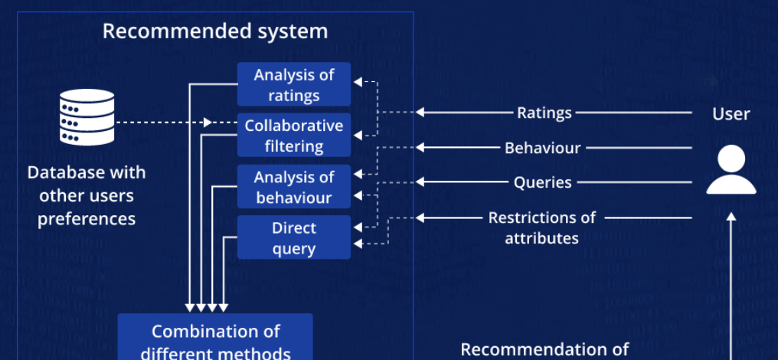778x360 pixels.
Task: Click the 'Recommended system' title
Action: point(215,31)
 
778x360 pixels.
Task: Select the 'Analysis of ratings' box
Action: point(294,85)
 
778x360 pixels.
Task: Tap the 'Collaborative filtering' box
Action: point(294,136)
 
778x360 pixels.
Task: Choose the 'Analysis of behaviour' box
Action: point(294,187)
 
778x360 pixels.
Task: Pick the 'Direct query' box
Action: point(294,238)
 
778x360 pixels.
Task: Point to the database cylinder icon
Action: point(87,117)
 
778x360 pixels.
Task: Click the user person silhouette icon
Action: point(731,170)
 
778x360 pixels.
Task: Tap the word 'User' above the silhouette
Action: point(731,114)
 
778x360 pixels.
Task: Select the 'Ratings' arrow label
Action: point(544,113)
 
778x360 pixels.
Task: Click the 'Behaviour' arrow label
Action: point(542,148)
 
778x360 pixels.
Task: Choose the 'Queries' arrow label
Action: point(542,182)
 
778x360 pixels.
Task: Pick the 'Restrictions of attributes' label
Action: point(542,227)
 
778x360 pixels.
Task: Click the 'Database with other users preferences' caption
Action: point(87,195)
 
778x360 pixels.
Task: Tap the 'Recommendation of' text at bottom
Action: point(544,350)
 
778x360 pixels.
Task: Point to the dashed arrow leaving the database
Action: point(165,122)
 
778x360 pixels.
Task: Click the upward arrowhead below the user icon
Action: point(731,218)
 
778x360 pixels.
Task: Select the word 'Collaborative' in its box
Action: point(294,126)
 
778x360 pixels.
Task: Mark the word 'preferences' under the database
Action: point(87,219)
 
